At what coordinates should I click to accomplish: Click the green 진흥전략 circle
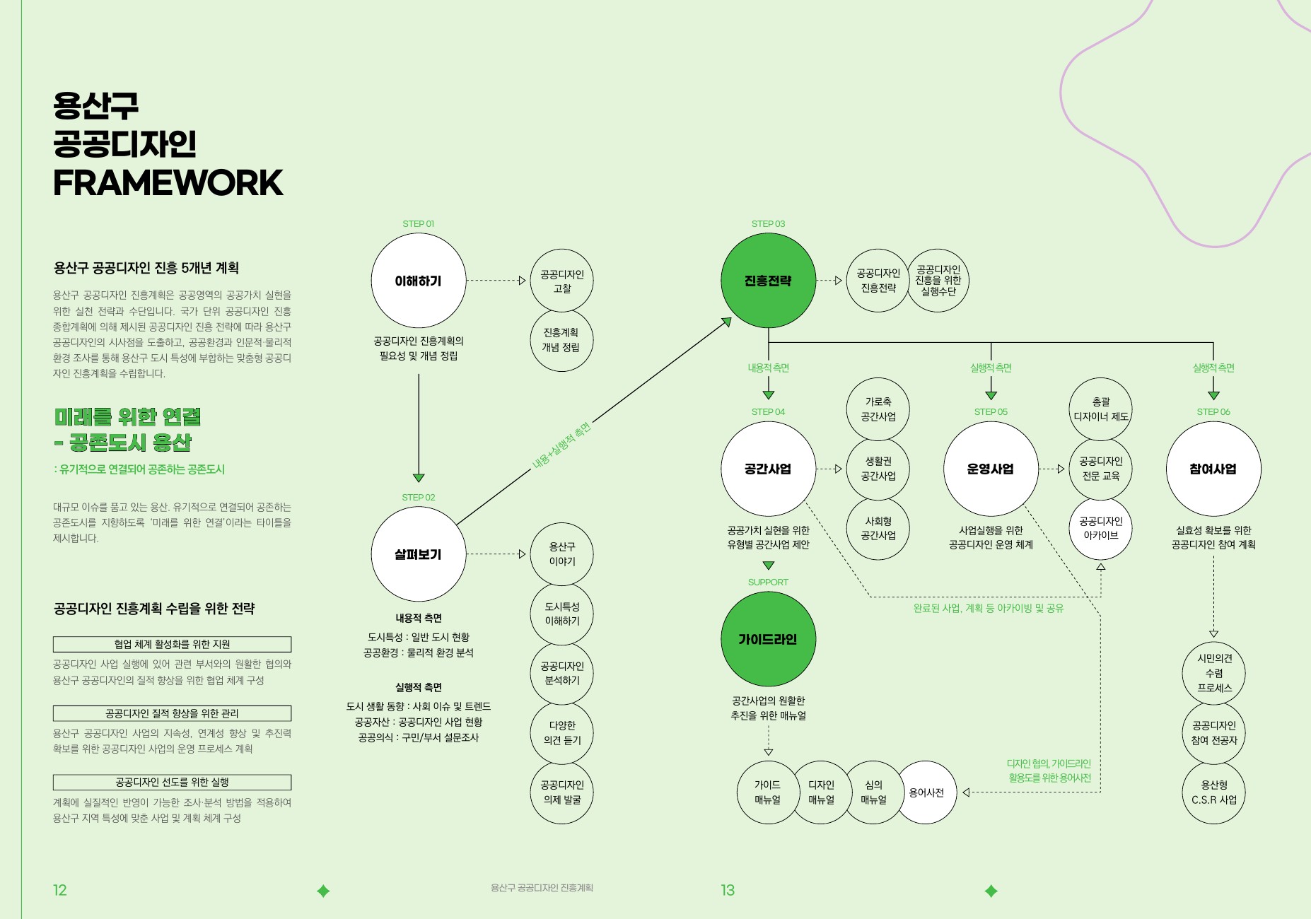[768, 281]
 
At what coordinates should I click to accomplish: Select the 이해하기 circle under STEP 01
[418, 281]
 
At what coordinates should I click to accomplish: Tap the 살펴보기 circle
[418, 554]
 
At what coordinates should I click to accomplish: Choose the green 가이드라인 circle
[768, 639]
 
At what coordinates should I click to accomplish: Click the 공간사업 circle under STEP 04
[768, 469]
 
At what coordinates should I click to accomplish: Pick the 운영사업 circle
[990, 469]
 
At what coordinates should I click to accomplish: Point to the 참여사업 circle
[1213, 469]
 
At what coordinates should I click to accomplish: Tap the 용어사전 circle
[927, 792]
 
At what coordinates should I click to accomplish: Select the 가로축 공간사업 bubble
[878, 409]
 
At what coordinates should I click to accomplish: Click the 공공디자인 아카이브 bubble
[1100, 528]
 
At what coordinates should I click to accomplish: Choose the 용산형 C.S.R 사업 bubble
[1213, 792]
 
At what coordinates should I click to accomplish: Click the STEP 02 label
[418, 497]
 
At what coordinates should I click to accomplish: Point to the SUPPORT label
[768, 582]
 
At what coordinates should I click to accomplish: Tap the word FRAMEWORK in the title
[168, 183]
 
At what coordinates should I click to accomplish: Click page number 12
[60, 890]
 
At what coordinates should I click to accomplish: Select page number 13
[728, 890]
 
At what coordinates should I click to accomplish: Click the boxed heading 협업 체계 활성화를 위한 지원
[172, 644]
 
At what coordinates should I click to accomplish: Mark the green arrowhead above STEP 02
[419, 478]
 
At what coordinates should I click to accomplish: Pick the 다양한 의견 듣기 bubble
[562, 732]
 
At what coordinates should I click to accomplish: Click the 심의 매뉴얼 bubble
[873, 792]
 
